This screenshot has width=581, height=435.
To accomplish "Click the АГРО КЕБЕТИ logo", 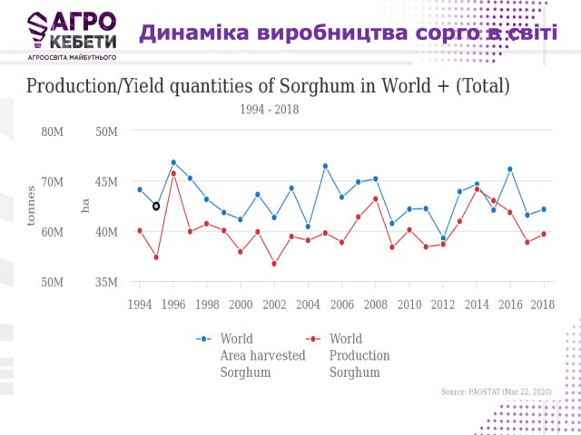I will pos(72,35).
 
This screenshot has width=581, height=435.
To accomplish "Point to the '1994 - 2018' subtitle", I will pos(270,110).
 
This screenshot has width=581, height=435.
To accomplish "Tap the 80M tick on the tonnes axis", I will pos(53,131).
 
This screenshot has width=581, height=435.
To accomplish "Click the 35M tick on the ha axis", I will pos(107,283).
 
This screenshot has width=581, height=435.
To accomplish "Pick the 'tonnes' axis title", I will pos(31,207).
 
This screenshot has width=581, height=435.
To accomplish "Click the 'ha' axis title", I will pos(85,207).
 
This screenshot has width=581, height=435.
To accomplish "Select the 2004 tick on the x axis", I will pos(308,304).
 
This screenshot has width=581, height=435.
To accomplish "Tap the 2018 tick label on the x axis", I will pos(543,304).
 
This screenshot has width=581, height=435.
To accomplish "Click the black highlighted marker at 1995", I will pos(156,207).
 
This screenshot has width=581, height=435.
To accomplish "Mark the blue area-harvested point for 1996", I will pos(173,163).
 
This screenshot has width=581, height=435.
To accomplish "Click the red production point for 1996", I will pos(173,173).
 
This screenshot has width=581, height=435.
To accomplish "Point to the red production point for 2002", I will pos(274,264).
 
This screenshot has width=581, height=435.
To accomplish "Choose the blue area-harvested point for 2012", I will pos(443,238).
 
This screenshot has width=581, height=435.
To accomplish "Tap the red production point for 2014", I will pos(477,189).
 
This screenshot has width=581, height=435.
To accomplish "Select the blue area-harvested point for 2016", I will pos(510,169).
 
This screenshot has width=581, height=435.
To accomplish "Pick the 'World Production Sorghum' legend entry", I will pos(350,355).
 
